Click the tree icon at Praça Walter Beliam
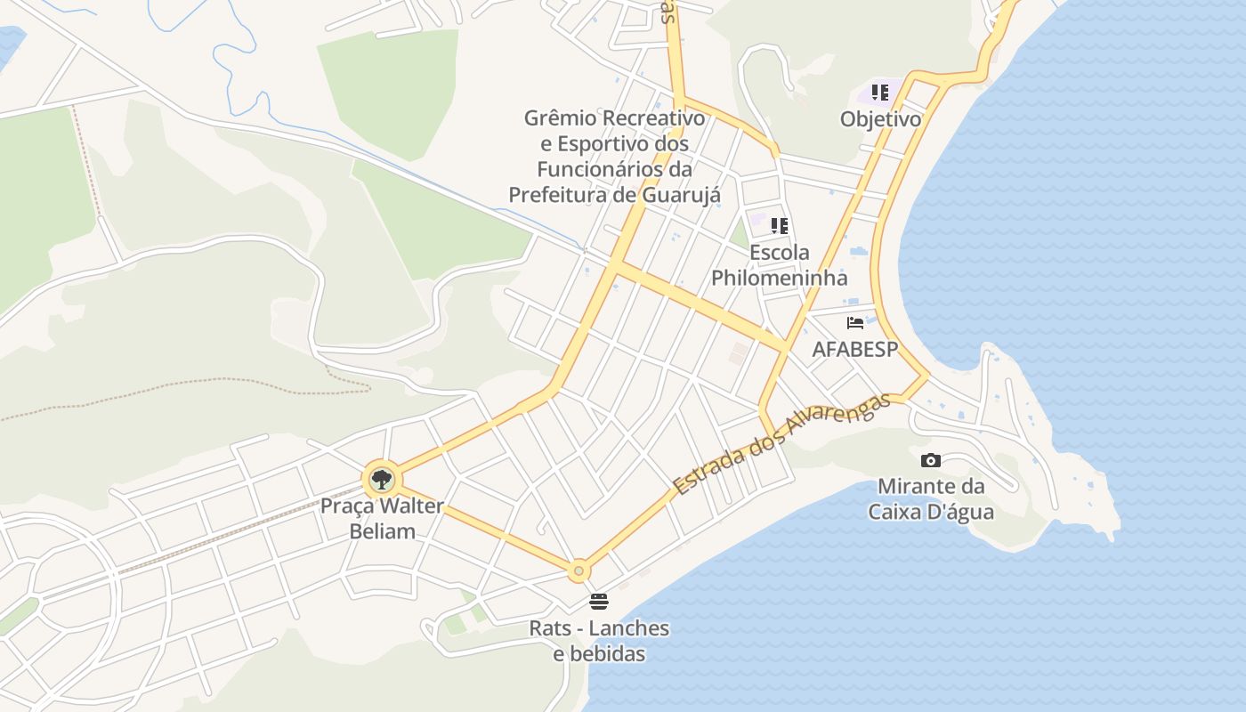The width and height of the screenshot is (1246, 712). [x=381, y=480]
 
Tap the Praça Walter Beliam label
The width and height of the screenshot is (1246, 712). [x=381, y=519]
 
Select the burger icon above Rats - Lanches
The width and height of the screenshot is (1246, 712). [x=599, y=602]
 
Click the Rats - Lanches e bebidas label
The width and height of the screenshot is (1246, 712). [x=599, y=641]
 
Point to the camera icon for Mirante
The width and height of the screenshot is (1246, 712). [x=931, y=460]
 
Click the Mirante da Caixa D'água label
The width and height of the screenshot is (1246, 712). [x=931, y=499]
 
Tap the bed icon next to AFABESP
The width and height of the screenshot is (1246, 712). [x=855, y=323]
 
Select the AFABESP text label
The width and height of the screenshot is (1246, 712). [x=855, y=350]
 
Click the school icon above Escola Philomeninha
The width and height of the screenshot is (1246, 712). [x=780, y=226]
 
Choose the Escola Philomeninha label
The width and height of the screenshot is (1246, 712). [x=780, y=265]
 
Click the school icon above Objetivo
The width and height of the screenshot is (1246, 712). [x=880, y=93]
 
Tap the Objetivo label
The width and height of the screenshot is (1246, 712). [x=880, y=119]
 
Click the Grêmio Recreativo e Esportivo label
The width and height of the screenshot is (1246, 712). [x=614, y=156]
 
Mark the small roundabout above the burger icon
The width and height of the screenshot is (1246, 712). [x=579, y=570]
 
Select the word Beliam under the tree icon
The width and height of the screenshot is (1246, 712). [x=381, y=532]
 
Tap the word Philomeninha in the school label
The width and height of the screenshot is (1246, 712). [x=780, y=278]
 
